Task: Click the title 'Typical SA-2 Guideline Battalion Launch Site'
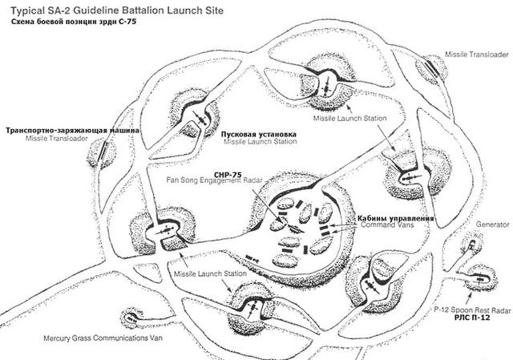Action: [x=117, y=10]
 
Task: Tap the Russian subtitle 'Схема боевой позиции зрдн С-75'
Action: [x=74, y=22]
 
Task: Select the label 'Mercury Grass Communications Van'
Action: [x=103, y=338]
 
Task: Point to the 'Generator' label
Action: [x=492, y=224]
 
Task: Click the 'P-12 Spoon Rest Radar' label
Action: [x=472, y=310]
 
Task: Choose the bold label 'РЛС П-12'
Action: [x=472, y=318]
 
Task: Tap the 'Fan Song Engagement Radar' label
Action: [x=215, y=180]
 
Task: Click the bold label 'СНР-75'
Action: [x=228, y=175]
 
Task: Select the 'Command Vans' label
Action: [x=387, y=225]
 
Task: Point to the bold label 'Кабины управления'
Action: [x=395, y=218]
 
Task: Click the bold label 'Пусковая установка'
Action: [x=259, y=134]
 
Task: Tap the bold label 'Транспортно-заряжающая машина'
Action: [x=72, y=131]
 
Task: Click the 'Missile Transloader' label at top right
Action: [x=477, y=55]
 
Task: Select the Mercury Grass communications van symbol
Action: [x=131, y=318]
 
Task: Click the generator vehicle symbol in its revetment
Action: [x=471, y=245]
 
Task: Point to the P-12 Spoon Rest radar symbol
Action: [x=479, y=279]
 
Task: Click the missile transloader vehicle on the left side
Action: [x=103, y=152]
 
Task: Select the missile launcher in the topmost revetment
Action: [x=326, y=87]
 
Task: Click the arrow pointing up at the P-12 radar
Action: [x=469, y=299]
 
